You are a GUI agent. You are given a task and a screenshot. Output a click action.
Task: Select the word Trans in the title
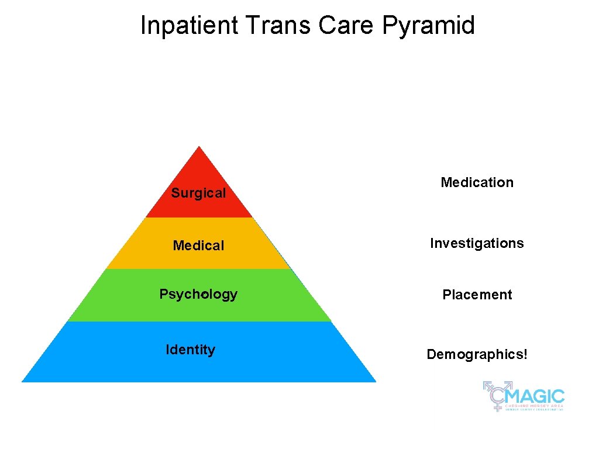pos(279,26)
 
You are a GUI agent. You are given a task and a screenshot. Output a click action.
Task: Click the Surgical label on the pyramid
pos(198,193)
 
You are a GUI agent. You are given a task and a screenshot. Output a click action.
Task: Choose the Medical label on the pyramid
pos(198,246)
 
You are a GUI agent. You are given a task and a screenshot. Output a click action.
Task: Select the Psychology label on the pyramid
pos(198,294)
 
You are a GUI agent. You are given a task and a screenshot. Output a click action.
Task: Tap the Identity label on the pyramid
pos(190,350)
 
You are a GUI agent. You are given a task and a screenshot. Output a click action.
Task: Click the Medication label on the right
pos(477,182)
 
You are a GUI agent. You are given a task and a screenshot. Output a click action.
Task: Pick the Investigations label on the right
pos(477,243)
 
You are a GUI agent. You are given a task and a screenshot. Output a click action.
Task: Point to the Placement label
pos(477,295)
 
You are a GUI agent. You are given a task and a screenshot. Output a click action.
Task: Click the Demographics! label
pos(477,354)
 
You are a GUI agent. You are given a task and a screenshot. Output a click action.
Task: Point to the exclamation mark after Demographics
pos(525,354)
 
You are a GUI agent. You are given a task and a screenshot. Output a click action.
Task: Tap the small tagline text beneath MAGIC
pos(534,407)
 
